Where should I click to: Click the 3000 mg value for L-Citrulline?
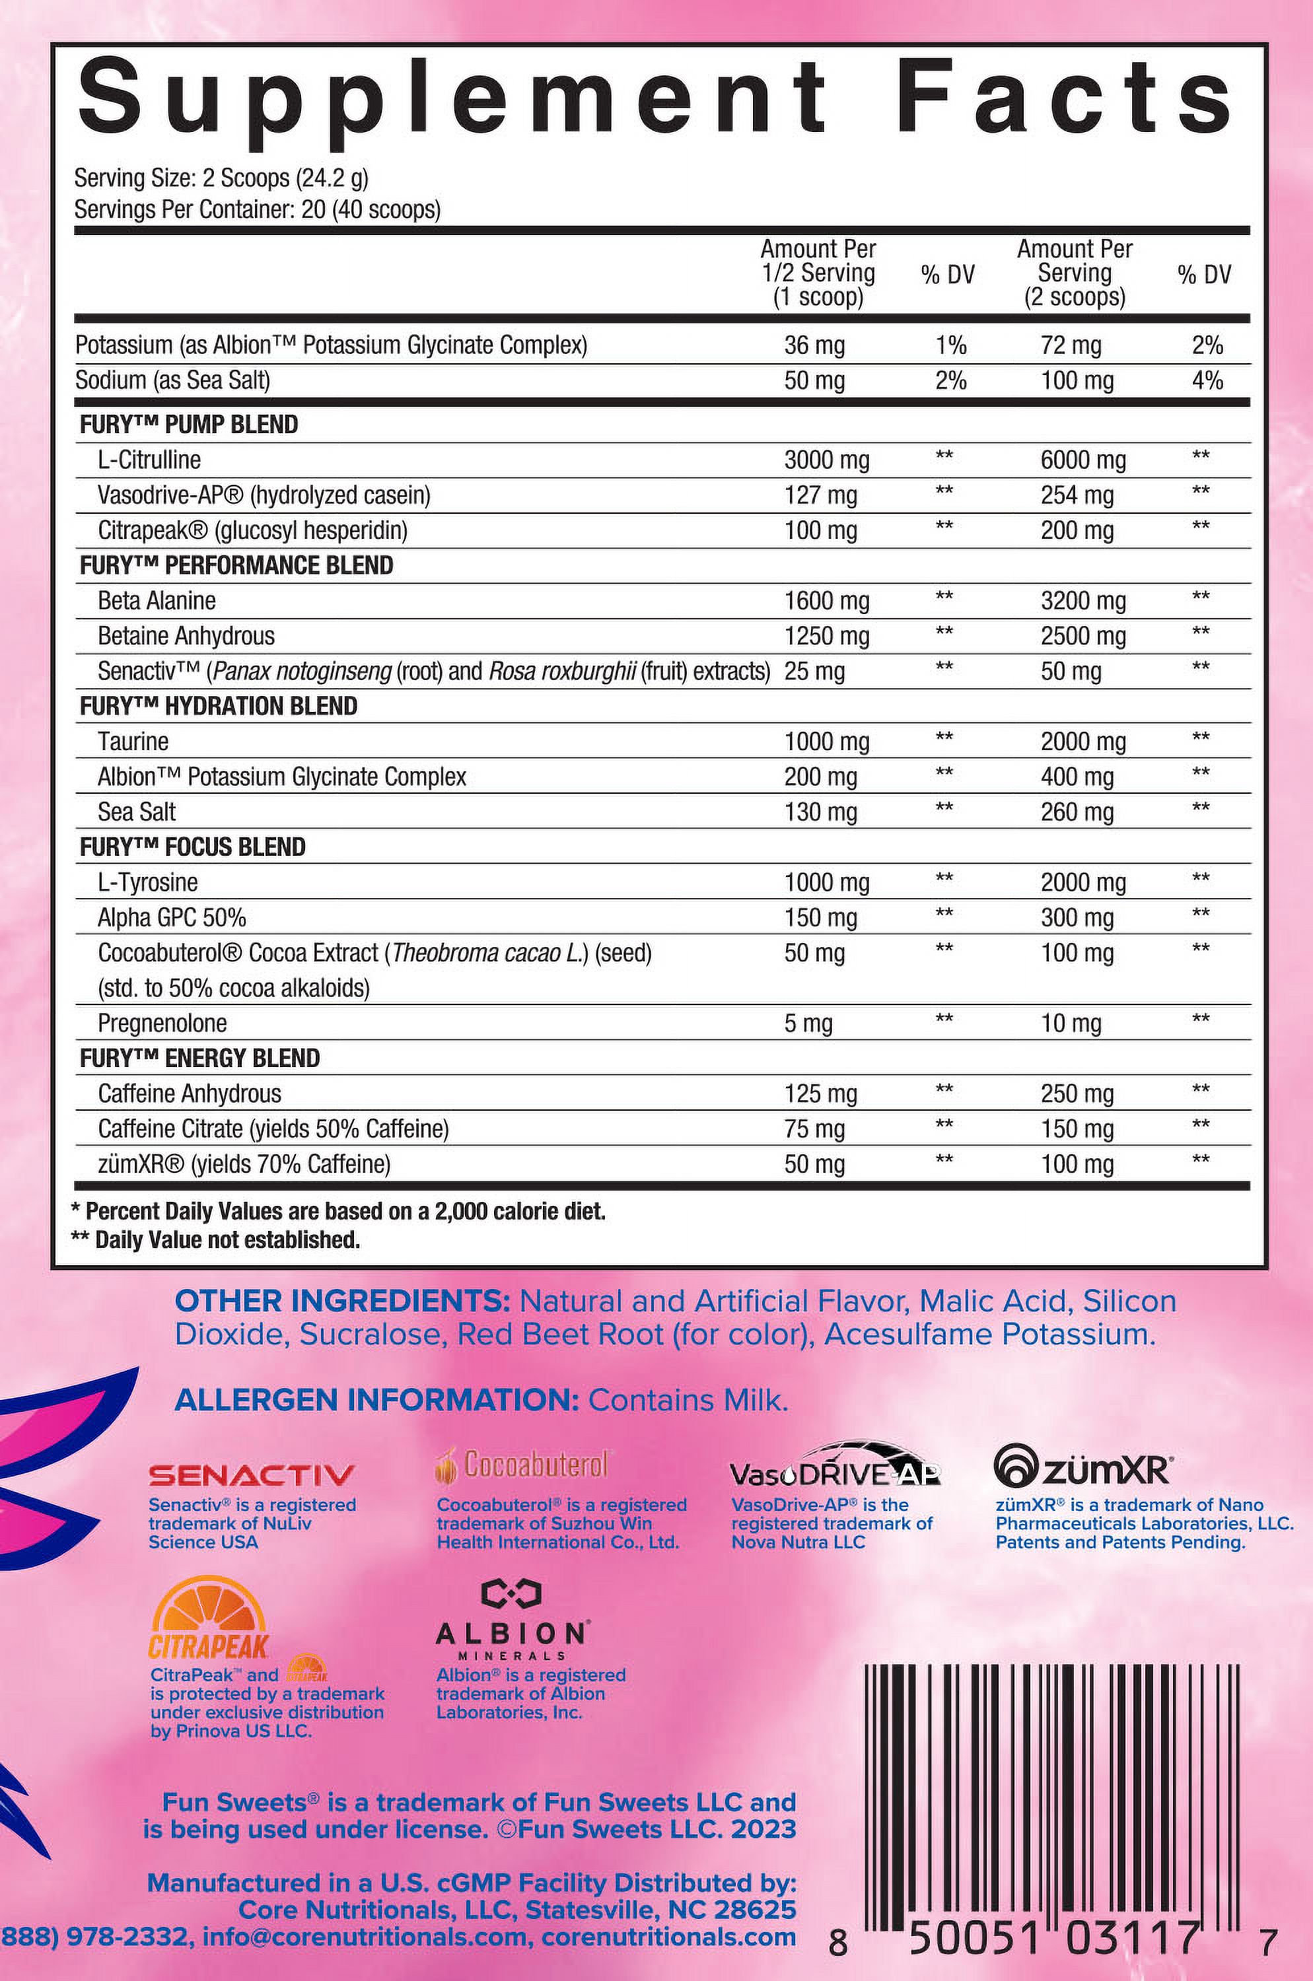[826, 460]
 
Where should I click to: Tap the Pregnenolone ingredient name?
[162, 1023]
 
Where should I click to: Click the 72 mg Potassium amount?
[1071, 345]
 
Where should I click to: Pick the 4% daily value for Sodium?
[1207, 380]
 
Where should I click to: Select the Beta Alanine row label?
[157, 600]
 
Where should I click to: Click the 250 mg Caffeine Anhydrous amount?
[1077, 1094]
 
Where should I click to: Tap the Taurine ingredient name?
[133, 741]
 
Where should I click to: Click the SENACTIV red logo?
[251, 1475]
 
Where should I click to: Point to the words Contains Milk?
[688, 1400]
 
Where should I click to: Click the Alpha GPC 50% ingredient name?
[172, 918]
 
